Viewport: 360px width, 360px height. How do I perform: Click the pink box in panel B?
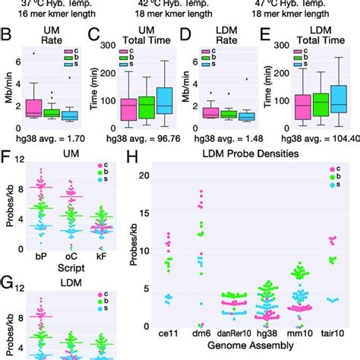tap(33, 107)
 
